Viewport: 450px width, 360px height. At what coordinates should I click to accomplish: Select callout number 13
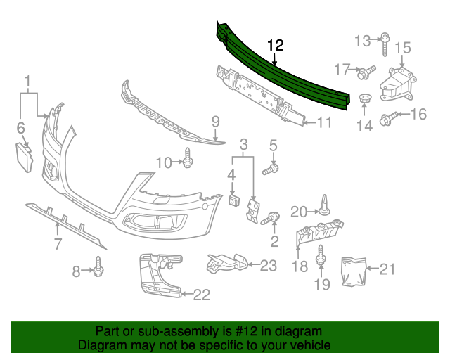tap(362, 40)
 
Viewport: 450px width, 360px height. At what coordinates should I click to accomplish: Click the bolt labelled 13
tap(385, 44)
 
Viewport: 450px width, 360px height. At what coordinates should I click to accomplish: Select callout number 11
tap(323, 122)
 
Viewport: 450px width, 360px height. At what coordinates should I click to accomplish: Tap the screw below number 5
tap(271, 169)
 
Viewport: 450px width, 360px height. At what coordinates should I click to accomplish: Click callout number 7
tap(58, 245)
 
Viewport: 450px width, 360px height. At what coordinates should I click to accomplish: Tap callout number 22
tap(201, 295)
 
